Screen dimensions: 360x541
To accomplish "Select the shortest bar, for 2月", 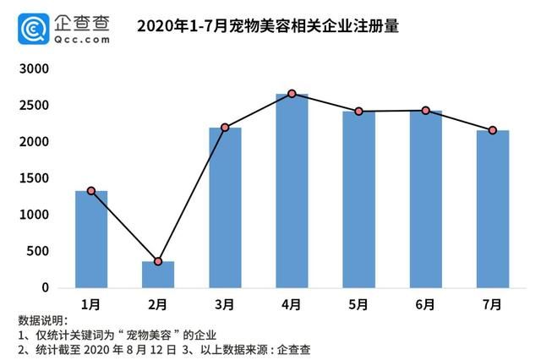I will pos(158,275).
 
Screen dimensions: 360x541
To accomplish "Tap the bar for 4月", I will pos(292,191).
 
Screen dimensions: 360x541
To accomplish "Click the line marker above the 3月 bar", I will pos(225,128).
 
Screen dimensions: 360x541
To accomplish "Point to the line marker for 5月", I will pos(358,112).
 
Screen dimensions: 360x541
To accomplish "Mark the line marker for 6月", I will pos(425,111).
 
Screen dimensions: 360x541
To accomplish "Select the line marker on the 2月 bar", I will pos(158,261).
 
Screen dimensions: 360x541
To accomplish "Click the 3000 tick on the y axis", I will pos(36,68).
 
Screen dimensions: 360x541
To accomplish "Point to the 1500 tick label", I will pos(36,178).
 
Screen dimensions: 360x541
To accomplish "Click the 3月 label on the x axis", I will pos(225,304).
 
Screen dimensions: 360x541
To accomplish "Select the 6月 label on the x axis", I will pos(425,304).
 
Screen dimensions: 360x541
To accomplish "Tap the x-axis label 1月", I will pos(91,304).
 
